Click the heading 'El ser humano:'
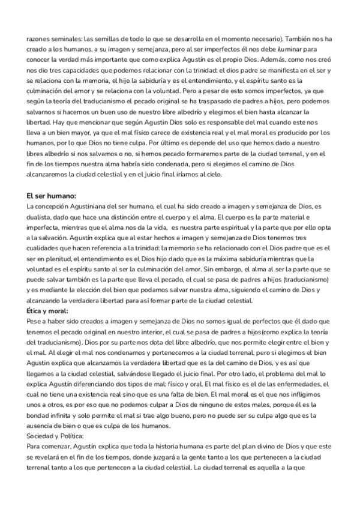[52, 196]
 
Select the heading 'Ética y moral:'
[47, 312]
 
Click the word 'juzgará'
[193, 457]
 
